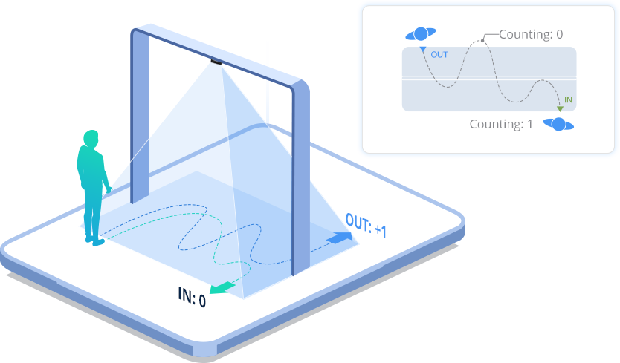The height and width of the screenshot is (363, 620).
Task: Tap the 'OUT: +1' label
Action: click(x=366, y=224)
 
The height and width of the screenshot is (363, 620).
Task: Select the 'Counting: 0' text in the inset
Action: click(x=531, y=34)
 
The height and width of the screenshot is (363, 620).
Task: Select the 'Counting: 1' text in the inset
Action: click(x=501, y=124)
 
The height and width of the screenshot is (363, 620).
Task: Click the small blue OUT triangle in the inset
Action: click(x=422, y=50)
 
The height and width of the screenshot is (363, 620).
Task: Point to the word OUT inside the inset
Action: click(x=439, y=55)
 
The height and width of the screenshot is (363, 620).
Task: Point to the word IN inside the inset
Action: click(x=569, y=99)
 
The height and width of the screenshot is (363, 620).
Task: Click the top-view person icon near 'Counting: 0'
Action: click(x=421, y=33)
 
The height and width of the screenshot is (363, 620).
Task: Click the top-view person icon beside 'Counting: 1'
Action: click(x=558, y=124)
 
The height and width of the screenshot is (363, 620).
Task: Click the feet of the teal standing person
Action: click(x=94, y=240)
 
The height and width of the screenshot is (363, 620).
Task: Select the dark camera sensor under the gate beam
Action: click(x=216, y=62)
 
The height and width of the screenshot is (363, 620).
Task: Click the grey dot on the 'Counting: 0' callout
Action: click(x=482, y=40)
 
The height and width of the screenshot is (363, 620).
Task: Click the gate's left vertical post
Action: click(x=140, y=119)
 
